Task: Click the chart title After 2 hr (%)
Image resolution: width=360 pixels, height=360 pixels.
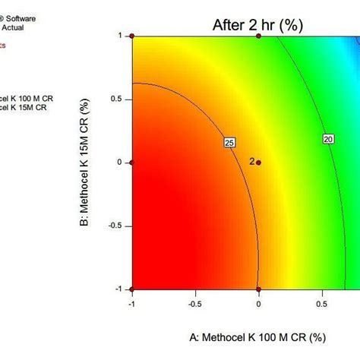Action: coord(257,25)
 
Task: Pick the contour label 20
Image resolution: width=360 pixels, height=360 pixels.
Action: coord(329,139)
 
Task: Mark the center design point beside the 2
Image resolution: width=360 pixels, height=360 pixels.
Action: coord(258,163)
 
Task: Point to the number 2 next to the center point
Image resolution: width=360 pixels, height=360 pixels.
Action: coord(251,162)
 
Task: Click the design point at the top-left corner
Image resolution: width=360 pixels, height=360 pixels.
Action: coord(132,36)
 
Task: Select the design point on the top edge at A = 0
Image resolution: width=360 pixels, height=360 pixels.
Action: coord(258,36)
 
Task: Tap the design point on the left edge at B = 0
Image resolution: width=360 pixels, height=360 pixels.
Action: coord(132,163)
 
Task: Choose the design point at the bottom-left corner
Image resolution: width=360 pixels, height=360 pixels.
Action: coord(132,289)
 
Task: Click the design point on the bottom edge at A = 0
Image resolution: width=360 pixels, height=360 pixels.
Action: coord(258,289)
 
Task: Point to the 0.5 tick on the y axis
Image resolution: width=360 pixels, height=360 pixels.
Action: coord(118,99)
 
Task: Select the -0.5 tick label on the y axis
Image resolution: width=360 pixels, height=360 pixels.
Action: coord(116,226)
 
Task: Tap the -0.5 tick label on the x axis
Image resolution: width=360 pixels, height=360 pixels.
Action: coord(195,303)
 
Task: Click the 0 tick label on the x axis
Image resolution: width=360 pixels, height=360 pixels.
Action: coord(258,303)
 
